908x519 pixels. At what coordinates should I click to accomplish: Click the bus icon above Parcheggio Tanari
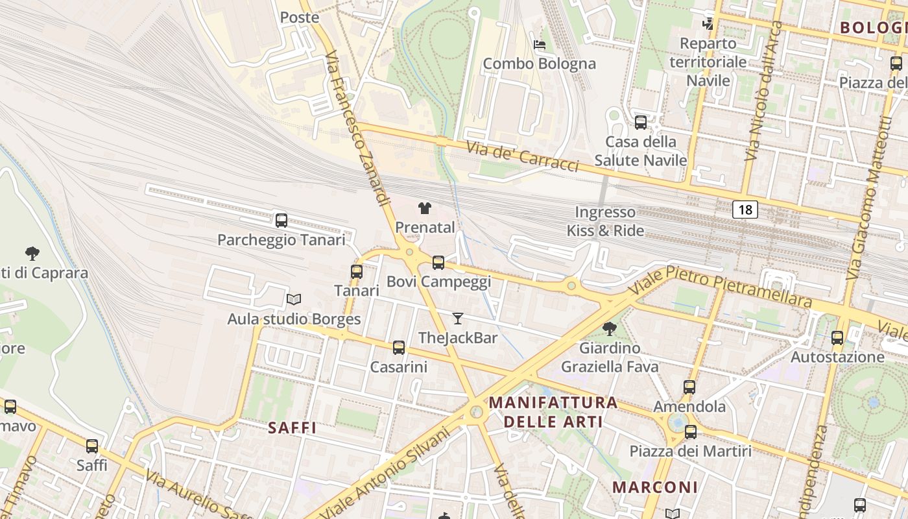click(281, 220)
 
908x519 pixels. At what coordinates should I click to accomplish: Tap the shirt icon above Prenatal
click(425, 208)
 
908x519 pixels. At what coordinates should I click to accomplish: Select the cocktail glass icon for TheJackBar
click(458, 318)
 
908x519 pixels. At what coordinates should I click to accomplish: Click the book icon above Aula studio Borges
click(294, 299)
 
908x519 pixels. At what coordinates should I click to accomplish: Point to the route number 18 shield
click(745, 209)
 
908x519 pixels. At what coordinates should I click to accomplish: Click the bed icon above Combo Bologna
click(539, 45)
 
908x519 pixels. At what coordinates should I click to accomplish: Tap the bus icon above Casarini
click(399, 348)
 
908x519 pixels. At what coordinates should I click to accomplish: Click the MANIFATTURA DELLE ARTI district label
click(553, 412)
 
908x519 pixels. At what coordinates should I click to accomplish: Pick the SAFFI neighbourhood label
click(293, 428)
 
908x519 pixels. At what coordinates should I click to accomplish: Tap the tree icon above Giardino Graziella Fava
click(609, 329)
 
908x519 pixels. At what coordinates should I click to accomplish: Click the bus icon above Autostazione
click(837, 337)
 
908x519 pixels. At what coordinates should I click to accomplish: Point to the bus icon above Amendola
click(689, 387)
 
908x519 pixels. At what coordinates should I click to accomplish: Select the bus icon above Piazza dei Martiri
click(691, 431)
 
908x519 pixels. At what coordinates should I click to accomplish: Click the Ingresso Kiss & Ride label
click(606, 221)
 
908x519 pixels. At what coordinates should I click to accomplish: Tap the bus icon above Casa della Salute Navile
click(641, 122)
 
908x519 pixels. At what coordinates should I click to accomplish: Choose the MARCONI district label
click(655, 487)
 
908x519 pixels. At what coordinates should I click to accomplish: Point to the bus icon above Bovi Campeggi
click(438, 262)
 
